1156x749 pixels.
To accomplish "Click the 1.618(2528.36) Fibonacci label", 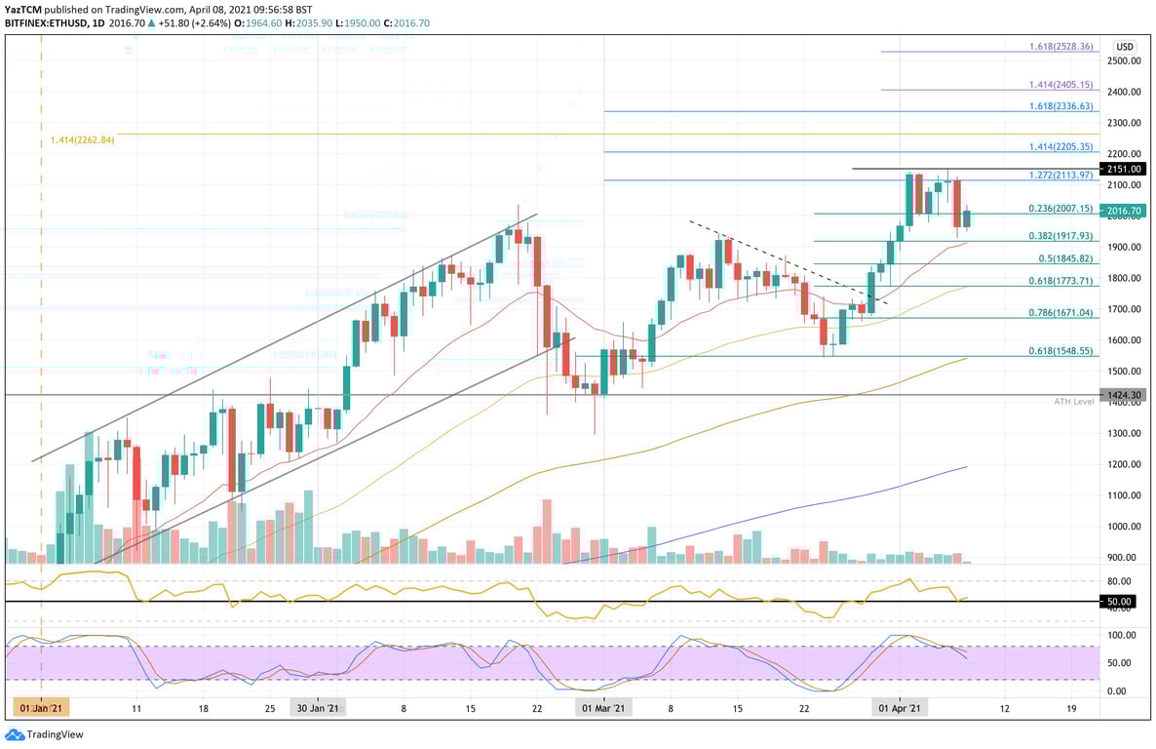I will (x=1060, y=47).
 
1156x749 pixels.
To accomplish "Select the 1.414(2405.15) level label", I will (x=1060, y=86).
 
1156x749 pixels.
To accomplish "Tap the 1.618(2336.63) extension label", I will (x=1060, y=106).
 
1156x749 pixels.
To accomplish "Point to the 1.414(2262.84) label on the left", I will (x=83, y=140).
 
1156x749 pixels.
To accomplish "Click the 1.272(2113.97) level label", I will (x=1060, y=175).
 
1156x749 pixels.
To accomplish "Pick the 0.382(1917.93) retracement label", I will (x=1060, y=236).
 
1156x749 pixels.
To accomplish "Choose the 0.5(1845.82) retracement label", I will (x=1064, y=258).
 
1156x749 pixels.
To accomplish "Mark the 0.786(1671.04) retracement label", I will (x=1060, y=313).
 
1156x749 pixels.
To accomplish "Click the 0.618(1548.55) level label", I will (x=1060, y=351).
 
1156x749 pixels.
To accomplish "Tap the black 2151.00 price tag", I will (x=1123, y=169).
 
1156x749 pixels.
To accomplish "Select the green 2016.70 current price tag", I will (x=1123, y=211).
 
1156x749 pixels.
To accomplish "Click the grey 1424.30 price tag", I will (x=1123, y=395).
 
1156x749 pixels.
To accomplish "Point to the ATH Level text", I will (x=1074, y=402).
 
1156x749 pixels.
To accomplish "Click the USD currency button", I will (x=1125, y=47).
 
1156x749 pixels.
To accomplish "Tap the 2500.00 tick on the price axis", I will (x=1123, y=60).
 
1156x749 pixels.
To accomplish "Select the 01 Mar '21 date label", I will (x=604, y=708).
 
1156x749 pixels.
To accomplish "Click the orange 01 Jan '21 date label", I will (x=40, y=708).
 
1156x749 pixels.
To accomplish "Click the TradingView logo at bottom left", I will (x=45, y=734).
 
